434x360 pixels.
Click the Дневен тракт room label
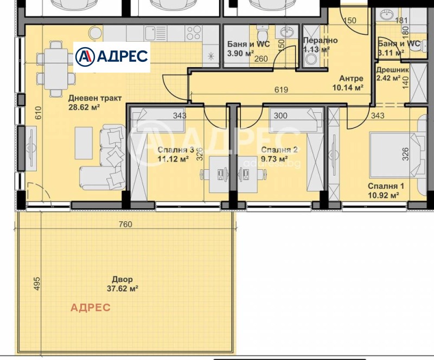coord(95,98)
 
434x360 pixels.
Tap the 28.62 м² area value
coord(84,107)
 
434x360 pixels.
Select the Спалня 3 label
coord(176,150)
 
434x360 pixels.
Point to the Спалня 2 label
coord(279,150)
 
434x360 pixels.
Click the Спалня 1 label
coord(386,186)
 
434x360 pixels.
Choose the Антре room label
coord(351,79)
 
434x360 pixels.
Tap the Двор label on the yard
coord(123,279)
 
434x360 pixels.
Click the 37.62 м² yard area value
coord(123,288)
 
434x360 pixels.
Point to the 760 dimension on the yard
coord(125,224)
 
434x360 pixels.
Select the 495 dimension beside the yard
coord(37,284)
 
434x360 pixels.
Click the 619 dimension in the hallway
coord(281,89)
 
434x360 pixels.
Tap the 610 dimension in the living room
coord(38,113)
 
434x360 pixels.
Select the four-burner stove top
coord(194,33)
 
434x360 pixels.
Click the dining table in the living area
coord(56,69)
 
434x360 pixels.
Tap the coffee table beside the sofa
coord(84,143)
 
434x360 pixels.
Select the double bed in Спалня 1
coord(397,155)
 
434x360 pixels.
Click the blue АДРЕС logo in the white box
coord(112,57)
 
